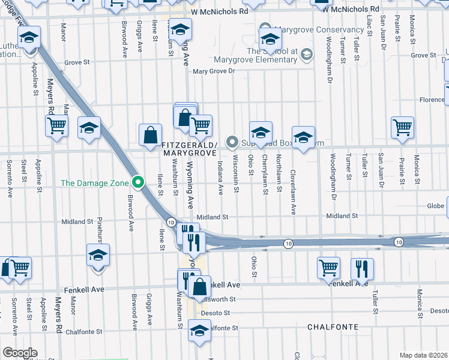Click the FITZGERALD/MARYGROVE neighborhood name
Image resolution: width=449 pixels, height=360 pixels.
(190, 149)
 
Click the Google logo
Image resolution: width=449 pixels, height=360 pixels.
(20, 353)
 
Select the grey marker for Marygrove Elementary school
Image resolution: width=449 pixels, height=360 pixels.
(307, 55)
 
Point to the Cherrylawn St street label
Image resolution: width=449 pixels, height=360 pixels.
(265, 175)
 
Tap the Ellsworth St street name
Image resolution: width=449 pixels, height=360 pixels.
(220, 299)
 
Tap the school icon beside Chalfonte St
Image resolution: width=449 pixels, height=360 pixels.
(199, 331)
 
